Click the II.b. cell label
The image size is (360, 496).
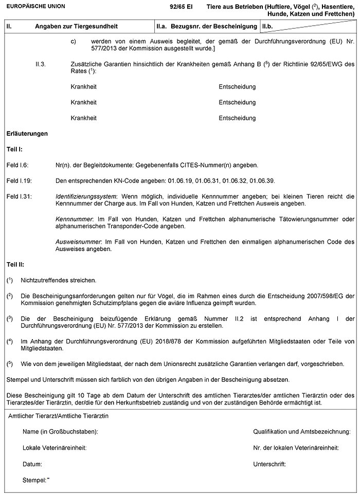(268, 25)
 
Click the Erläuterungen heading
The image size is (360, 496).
(27, 134)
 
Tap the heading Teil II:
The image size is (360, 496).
(15, 264)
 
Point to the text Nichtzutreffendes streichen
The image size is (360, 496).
(58, 280)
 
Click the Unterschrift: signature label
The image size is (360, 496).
(269, 464)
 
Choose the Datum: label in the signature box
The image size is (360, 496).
(32, 464)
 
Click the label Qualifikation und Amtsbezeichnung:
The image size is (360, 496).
(301, 431)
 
